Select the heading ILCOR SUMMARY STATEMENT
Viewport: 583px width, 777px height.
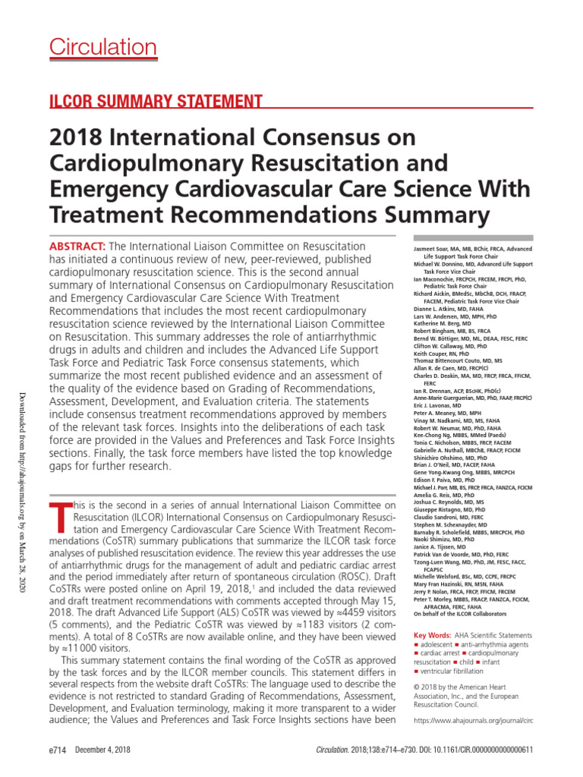[x=156, y=101]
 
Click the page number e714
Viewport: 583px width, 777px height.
[x=57, y=750]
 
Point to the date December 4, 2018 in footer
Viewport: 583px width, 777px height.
[x=103, y=750]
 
